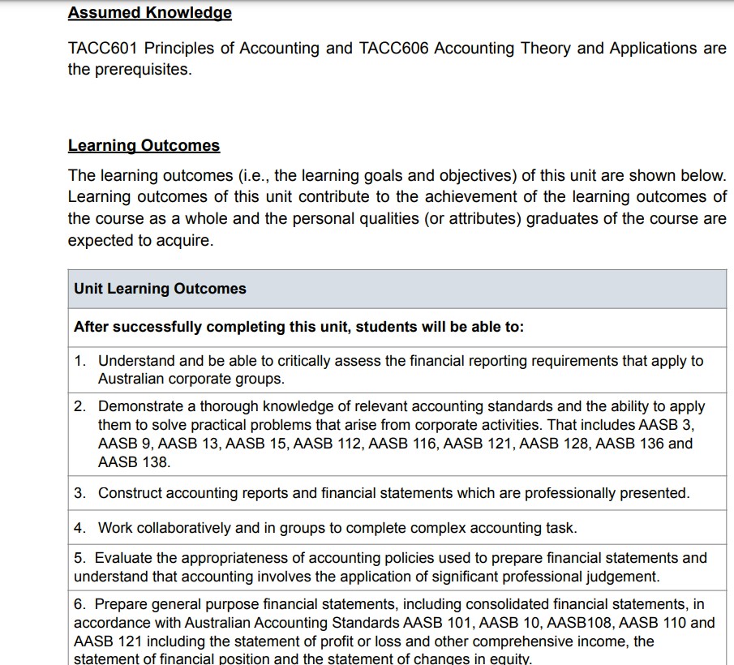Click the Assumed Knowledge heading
coord(149,13)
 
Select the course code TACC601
coord(101,48)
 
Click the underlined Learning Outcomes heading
coord(144,146)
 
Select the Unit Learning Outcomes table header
coord(160,289)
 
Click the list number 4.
coord(79,528)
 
